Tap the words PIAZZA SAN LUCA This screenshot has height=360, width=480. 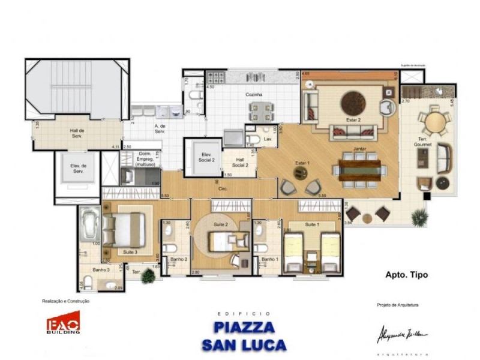click(244, 336)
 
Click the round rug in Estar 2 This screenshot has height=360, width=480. click(353, 103)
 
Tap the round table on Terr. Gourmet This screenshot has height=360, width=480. click(436, 122)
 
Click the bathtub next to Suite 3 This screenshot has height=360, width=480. click(89, 223)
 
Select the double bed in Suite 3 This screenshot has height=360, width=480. click(125, 229)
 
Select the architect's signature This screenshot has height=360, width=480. click(402, 332)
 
